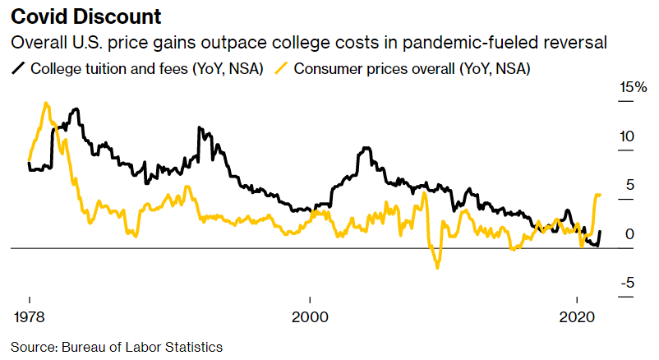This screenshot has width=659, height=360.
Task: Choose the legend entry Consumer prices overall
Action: click(412, 69)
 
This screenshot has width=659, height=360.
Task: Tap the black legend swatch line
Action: click(18, 69)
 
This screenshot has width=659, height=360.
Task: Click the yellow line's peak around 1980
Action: click(46, 104)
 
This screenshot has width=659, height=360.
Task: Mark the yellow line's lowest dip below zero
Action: click(437, 267)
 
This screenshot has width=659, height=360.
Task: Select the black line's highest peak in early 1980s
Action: click(76, 109)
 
